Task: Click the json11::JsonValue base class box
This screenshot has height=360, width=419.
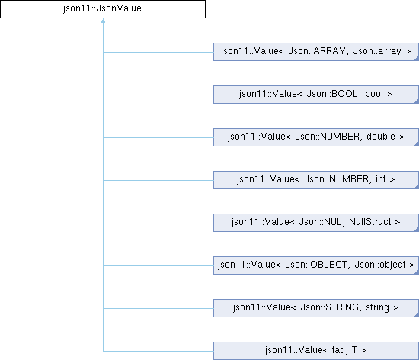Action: (x=103, y=9)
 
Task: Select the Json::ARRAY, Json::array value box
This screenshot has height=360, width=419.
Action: (x=316, y=52)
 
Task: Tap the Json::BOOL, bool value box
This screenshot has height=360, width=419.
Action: (x=316, y=95)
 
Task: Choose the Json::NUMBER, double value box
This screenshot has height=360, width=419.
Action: (x=316, y=137)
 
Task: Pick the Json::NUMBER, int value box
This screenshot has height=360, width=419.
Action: (x=316, y=180)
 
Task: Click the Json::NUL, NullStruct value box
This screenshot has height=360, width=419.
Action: (x=316, y=223)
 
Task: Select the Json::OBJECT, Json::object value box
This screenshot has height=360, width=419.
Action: (x=316, y=265)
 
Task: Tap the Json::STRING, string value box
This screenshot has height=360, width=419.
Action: (x=316, y=308)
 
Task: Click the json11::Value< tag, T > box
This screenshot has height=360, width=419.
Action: (x=316, y=351)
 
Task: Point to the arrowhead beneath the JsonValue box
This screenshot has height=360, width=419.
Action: (x=103, y=21)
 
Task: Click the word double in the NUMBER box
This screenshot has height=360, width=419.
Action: (x=381, y=137)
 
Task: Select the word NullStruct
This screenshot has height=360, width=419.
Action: (x=370, y=222)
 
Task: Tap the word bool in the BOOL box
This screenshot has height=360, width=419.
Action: (x=374, y=94)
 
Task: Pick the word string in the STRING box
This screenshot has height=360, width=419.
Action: (x=377, y=307)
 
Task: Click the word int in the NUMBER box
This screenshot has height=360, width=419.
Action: (x=380, y=179)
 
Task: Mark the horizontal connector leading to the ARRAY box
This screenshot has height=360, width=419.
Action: (x=158, y=52)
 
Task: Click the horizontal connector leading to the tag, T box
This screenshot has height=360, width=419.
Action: (x=158, y=351)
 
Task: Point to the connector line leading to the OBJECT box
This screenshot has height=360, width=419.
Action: (x=158, y=266)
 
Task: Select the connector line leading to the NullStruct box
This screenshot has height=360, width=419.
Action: (x=158, y=223)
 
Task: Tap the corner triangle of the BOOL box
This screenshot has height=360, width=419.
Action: (x=417, y=101)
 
